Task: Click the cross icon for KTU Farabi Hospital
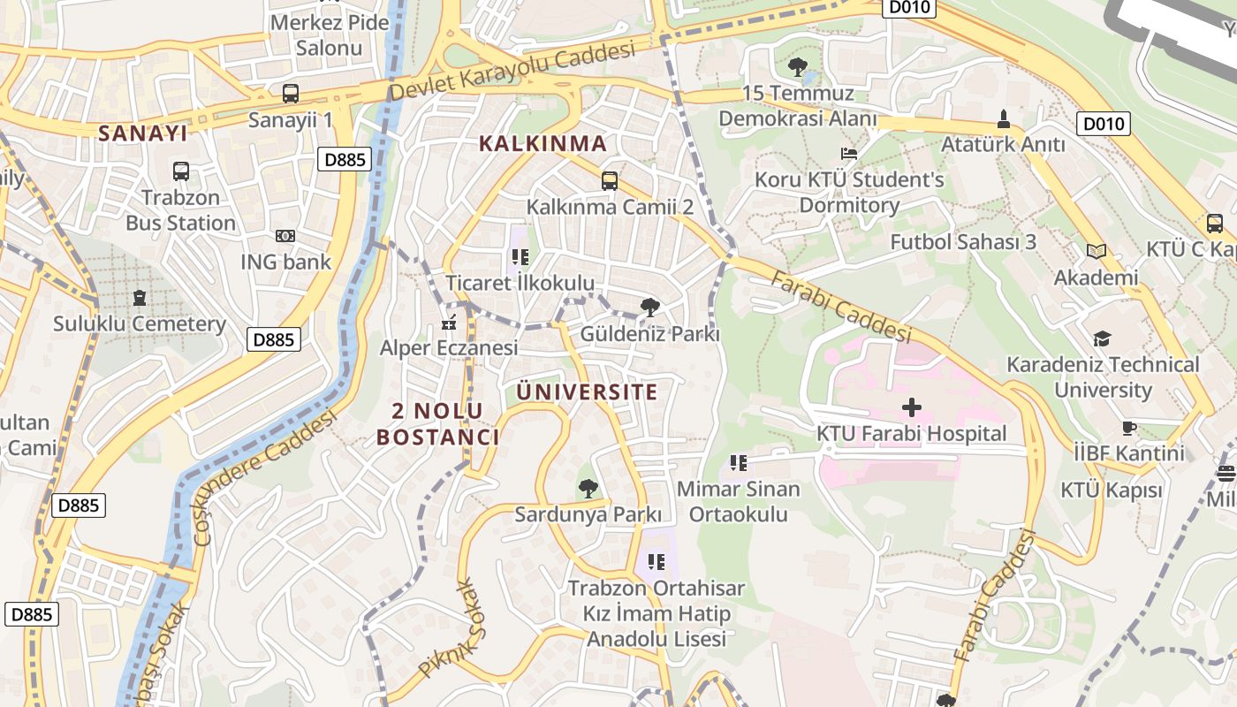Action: (911, 407)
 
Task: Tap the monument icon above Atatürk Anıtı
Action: (1003, 118)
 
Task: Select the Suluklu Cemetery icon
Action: (139, 298)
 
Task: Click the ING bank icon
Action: (285, 236)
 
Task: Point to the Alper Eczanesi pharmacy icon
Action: (449, 323)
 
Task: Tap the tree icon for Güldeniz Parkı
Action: (650, 308)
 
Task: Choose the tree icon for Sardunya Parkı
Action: (588, 488)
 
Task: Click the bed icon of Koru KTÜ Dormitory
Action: (849, 154)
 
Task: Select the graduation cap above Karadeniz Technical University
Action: (1102, 338)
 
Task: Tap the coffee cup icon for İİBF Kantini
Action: (1128, 428)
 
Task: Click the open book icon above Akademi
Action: (1097, 252)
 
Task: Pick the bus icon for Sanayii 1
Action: (290, 93)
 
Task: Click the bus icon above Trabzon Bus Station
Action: (180, 171)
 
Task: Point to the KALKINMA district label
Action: (543, 143)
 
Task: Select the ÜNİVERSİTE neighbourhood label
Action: (587, 392)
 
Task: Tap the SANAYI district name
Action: (142, 133)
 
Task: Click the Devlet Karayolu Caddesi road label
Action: (512, 71)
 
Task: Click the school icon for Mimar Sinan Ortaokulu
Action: (739, 462)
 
